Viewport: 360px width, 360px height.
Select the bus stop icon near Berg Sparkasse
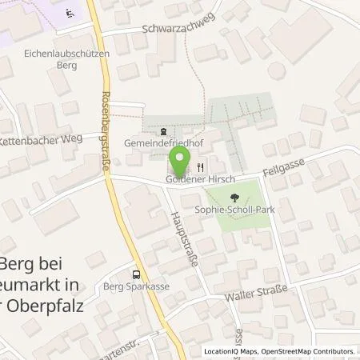[x=137, y=272]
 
